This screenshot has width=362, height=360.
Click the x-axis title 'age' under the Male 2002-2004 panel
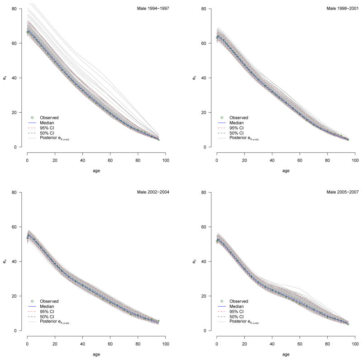[96, 355]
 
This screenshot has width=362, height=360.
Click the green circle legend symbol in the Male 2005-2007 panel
[222, 301]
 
